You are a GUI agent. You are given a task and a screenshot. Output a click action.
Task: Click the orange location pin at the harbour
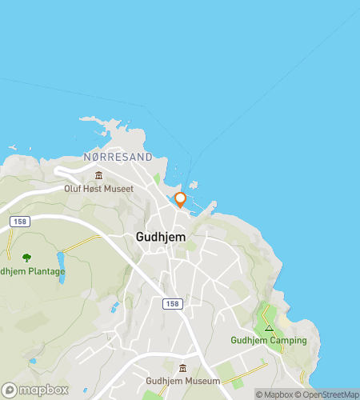coord(180,199)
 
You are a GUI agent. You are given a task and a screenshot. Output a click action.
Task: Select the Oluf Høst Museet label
coord(98,189)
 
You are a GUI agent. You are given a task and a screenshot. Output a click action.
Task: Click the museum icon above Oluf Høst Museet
coord(98,176)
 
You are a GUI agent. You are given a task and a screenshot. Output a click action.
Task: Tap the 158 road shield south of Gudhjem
coord(171,303)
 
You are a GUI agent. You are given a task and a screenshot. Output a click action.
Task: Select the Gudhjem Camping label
coord(269,340)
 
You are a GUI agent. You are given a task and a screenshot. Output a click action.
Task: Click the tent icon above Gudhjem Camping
coord(270,328)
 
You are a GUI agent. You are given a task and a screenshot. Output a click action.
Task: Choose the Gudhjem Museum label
coord(183,381)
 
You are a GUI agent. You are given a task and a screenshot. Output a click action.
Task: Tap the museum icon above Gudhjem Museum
coord(183,369)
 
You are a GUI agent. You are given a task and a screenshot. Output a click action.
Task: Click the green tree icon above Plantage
coord(26,258)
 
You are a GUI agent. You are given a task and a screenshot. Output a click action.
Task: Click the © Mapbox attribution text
coord(274,394)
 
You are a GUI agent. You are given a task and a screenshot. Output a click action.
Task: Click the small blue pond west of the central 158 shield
coord(116,306)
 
